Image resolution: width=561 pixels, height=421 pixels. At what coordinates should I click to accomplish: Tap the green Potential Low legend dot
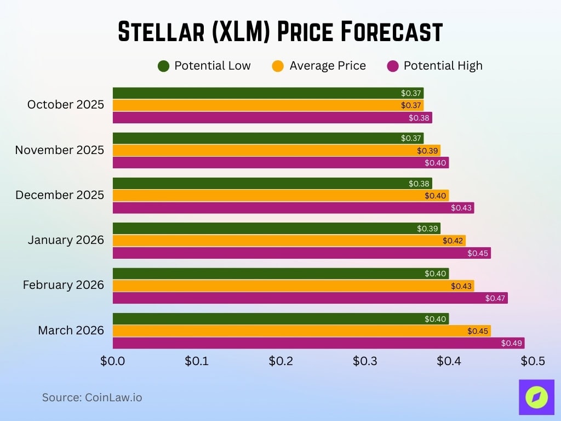(163, 66)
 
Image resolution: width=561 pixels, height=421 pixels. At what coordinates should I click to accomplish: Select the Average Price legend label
(327, 66)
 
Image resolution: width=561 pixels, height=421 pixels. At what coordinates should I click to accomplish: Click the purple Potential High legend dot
(392, 66)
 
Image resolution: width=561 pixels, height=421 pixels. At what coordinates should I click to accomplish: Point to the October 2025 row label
(65, 105)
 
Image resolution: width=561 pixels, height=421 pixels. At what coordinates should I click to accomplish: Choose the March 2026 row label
(71, 331)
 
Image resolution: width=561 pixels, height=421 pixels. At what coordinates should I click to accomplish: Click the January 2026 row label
(66, 240)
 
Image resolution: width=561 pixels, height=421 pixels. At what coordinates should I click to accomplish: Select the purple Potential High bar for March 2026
(318, 343)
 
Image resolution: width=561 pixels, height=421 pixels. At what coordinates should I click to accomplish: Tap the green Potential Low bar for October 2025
(268, 93)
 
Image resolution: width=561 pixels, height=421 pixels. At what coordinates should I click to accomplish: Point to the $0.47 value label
(495, 298)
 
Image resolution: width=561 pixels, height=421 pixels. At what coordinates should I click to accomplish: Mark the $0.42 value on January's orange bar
(453, 240)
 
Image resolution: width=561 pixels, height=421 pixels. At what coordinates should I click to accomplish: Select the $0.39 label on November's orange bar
(427, 150)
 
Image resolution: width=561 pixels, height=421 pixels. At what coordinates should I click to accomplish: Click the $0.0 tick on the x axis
(113, 361)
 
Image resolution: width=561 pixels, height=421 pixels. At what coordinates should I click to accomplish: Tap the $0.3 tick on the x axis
(364, 361)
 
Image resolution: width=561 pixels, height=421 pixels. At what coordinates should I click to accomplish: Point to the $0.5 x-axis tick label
(532, 361)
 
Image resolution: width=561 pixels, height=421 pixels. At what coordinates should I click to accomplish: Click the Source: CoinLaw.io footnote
(92, 397)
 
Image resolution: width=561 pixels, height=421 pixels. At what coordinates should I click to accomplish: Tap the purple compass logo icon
(536, 397)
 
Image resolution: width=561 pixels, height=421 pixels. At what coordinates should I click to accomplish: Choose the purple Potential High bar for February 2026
(310, 298)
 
